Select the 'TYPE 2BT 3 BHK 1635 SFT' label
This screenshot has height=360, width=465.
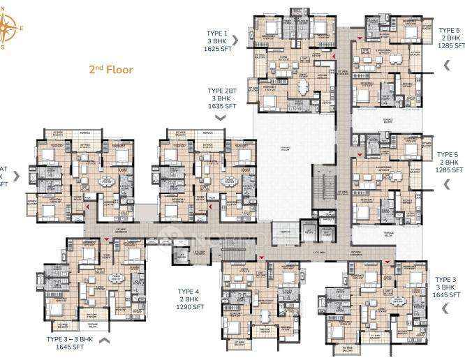220,99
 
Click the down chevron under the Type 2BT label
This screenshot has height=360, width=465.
220,118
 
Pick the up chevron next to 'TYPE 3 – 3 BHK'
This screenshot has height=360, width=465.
105,340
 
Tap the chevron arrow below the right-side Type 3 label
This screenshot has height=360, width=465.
448,309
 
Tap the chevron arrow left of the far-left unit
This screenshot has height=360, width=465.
15,176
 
